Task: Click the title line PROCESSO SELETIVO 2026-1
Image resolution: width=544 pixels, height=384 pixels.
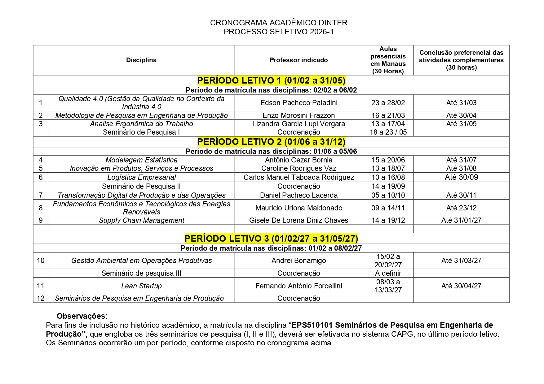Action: point(279,32)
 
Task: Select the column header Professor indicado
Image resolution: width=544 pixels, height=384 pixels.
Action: point(299,60)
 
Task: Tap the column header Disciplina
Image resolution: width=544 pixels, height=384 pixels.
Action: point(141,60)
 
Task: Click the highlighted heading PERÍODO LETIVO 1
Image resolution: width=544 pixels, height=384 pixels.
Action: point(271,80)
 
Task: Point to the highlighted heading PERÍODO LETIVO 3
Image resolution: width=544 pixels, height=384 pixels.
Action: point(271,239)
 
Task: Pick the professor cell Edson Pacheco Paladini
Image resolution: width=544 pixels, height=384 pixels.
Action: point(299,103)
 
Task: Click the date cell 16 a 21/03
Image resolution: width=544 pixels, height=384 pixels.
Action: point(388,115)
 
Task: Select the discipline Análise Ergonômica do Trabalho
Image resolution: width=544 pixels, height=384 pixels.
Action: point(141,124)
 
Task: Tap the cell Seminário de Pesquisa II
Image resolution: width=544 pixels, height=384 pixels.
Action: point(141,186)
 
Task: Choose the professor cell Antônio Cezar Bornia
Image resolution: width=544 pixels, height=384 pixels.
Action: point(299,160)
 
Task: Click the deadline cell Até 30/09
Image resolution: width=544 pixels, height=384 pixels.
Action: point(461,177)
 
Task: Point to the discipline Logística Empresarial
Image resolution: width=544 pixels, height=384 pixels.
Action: point(141,177)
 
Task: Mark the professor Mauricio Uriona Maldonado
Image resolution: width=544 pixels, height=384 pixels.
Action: point(299,208)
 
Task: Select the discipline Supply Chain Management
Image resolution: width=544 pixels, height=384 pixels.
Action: point(141,220)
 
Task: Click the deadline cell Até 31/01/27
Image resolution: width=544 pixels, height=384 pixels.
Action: point(461,220)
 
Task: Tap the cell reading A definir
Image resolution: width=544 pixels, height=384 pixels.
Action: point(388,273)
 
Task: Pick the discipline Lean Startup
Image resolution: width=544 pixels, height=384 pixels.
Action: point(141,286)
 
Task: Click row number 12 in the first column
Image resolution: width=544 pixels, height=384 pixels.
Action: point(41,298)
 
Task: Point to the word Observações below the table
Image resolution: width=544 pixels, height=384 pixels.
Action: point(82,316)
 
